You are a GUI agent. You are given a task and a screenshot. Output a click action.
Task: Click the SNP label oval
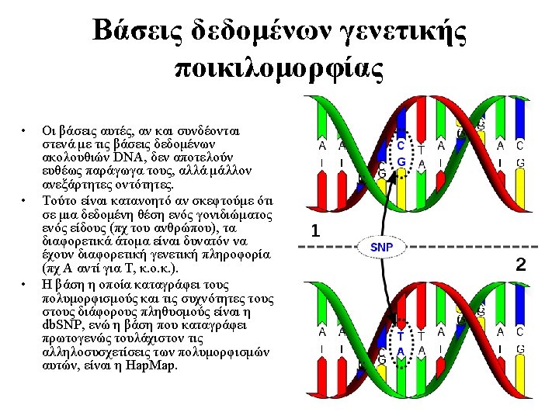(381, 247)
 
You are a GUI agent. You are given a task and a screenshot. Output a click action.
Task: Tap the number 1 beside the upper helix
(315, 230)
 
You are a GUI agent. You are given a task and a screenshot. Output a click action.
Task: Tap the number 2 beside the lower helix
(521, 265)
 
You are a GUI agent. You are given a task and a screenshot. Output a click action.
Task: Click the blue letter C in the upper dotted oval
(401, 145)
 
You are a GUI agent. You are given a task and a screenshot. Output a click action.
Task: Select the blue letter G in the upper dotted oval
(401, 162)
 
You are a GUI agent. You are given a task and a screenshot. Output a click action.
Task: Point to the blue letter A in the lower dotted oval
(401, 351)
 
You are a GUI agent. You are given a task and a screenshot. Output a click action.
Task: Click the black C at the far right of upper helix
(520, 145)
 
